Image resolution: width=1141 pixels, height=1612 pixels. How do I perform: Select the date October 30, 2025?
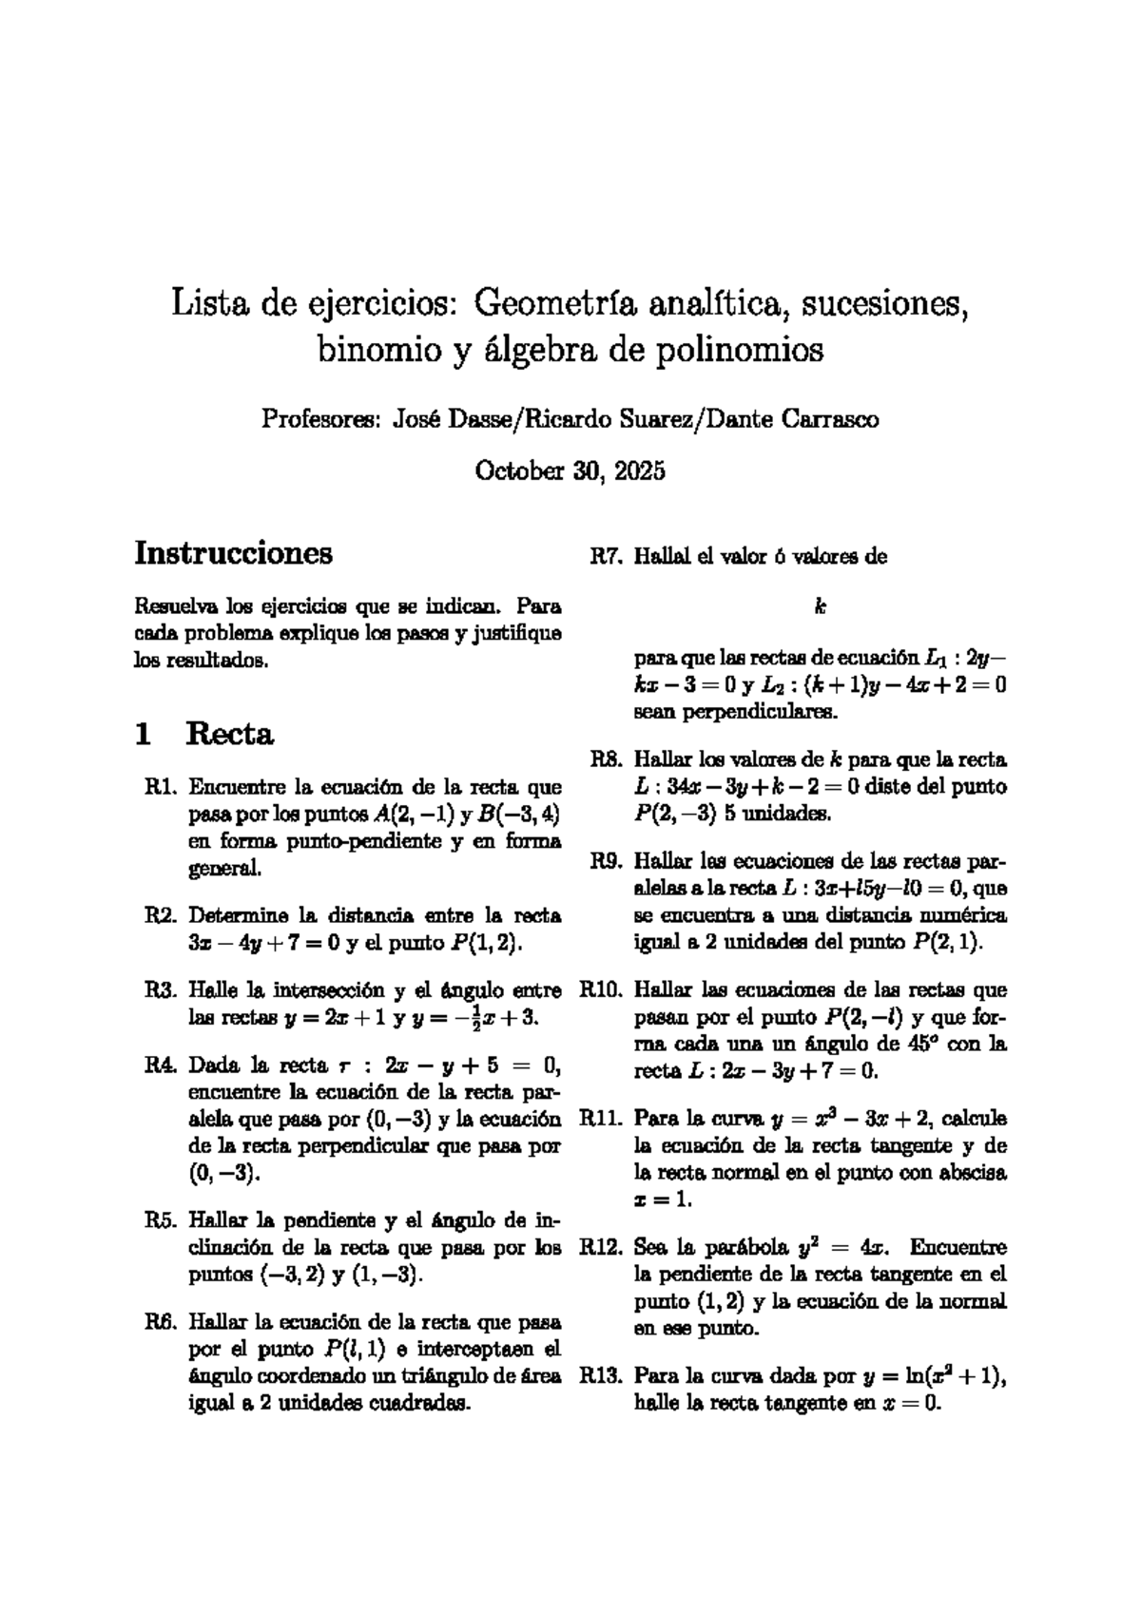click(x=570, y=471)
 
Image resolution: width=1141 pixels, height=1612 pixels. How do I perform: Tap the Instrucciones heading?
click(x=233, y=552)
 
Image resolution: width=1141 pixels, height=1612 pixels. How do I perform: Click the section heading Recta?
click(x=230, y=734)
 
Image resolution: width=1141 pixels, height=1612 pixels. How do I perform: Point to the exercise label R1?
click(x=161, y=787)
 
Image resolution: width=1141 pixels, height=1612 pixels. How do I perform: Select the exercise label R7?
click(x=605, y=557)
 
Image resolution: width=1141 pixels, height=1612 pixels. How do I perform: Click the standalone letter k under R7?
click(x=819, y=606)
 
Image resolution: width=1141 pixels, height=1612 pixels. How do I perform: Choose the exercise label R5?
click(x=161, y=1219)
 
